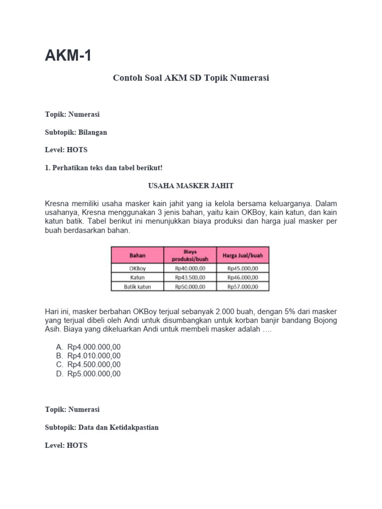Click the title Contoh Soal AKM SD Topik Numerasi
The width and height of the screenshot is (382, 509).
tap(191, 78)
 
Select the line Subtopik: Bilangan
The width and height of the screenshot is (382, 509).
tap(76, 132)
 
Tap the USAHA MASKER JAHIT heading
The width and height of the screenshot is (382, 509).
tap(191, 185)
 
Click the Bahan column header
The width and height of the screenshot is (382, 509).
tap(137, 255)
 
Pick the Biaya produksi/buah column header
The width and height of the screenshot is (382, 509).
tap(190, 255)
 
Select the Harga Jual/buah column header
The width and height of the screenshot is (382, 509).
tap(242, 255)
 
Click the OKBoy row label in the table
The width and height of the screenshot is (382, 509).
tap(137, 268)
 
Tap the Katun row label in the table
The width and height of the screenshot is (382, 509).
tap(137, 277)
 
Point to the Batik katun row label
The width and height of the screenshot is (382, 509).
tap(137, 286)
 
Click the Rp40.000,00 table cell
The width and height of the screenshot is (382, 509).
tap(190, 268)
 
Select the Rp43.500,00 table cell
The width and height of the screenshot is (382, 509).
tap(190, 277)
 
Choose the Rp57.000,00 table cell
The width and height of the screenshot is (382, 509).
tap(242, 286)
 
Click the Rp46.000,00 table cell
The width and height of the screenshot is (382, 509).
tap(242, 277)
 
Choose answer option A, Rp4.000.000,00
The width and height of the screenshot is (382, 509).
tap(94, 346)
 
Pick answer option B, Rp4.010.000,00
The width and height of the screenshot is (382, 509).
tap(94, 355)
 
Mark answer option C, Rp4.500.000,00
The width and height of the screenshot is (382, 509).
tap(94, 364)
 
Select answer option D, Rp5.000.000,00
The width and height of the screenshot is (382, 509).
tap(94, 373)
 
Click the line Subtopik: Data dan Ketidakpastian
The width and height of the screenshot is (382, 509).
tap(102, 427)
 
